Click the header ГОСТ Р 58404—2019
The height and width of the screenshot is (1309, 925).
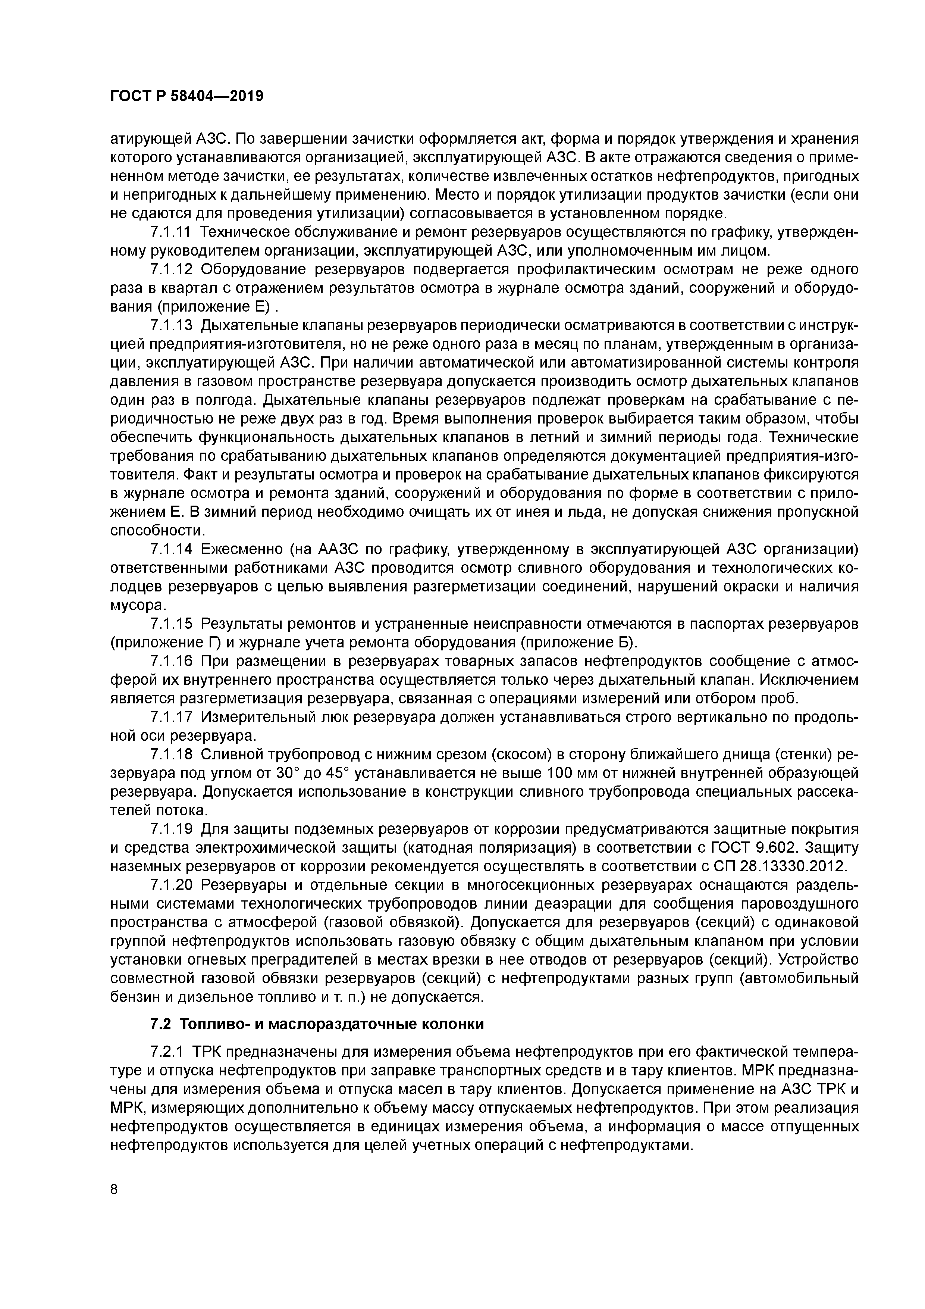[x=186, y=96]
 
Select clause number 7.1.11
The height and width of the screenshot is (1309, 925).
[x=172, y=232]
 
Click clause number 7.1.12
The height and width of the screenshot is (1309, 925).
[x=172, y=270]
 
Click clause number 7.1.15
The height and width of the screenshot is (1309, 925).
[x=172, y=624]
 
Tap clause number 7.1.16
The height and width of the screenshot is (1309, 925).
[x=172, y=661]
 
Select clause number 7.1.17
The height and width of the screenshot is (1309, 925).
[x=172, y=717]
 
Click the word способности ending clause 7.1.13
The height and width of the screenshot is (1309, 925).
[x=156, y=531]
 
